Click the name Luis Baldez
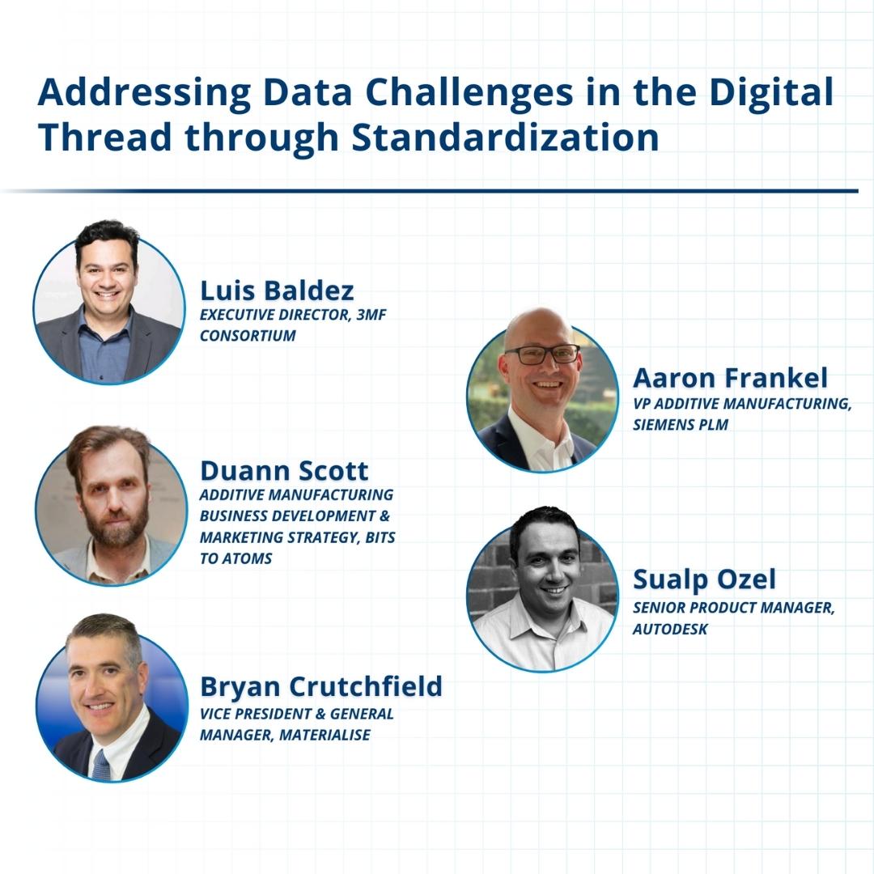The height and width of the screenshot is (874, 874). [x=277, y=291]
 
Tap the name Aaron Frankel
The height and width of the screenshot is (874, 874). [x=730, y=378]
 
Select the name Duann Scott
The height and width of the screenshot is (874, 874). [x=284, y=471]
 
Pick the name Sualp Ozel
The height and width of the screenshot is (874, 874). [x=704, y=579]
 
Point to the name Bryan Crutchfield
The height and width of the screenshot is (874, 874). [x=321, y=686]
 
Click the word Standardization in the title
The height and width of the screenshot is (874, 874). [x=506, y=137]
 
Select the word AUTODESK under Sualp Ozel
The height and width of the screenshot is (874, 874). [x=670, y=629]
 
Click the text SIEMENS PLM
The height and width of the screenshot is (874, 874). [x=681, y=425]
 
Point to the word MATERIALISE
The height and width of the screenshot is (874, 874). [x=325, y=735]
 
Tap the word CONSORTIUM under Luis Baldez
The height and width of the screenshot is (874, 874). [x=248, y=336]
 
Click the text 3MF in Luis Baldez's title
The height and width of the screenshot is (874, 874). [x=371, y=315]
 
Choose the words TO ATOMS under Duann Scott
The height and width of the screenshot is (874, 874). [x=235, y=558]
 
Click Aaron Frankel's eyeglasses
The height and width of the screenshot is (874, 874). [x=541, y=354]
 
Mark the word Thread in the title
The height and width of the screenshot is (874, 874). [x=104, y=137]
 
